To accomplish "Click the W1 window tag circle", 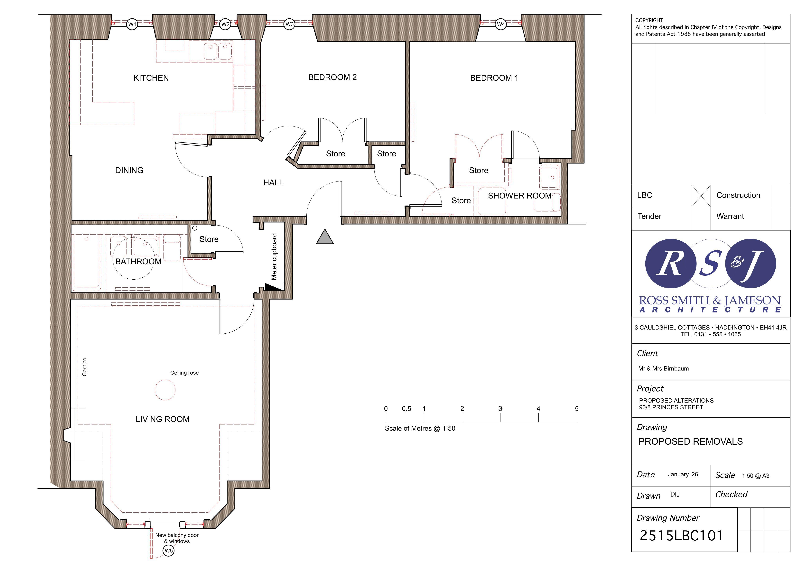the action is tap(132, 24).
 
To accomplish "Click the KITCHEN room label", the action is tap(151, 78).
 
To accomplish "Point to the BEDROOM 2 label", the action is tap(332, 77).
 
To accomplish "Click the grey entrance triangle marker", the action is tap(325, 237).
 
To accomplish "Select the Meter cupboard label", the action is tap(274, 256).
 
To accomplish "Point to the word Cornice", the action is tap(84, 367).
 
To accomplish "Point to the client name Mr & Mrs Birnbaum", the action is tap(663, 368).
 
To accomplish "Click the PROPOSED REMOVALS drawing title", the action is tap(691, 442).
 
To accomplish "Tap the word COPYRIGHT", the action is tap(649, 20).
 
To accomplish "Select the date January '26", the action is tap(683, 474).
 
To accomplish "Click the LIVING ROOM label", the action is tap(163, 419).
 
